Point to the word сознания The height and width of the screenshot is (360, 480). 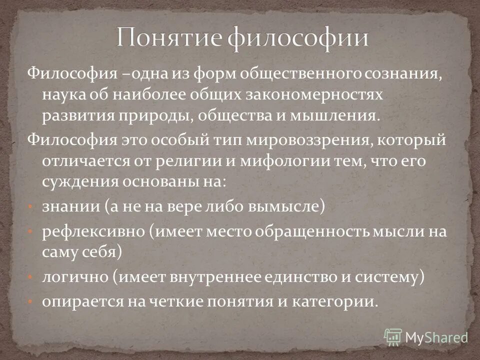click(402, 75)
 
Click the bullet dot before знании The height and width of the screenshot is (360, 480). click(30, 206)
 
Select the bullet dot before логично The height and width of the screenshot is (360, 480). click(30, 276)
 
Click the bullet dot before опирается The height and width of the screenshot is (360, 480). click(30, 302)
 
